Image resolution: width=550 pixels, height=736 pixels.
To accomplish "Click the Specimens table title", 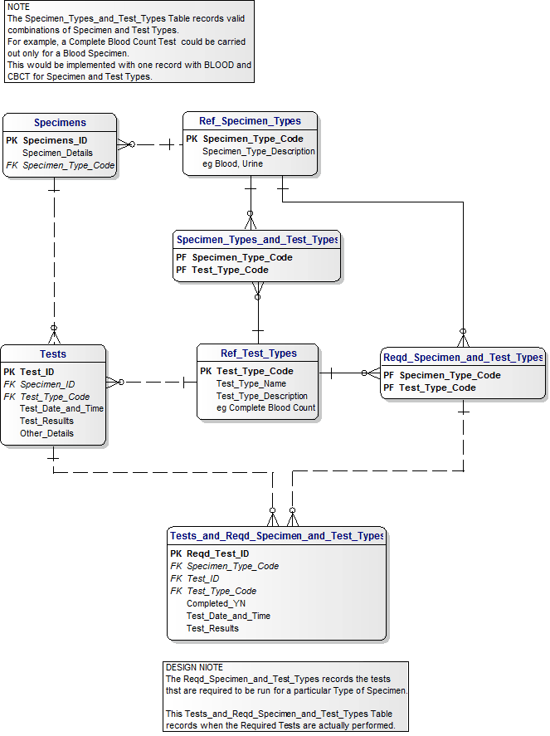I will point(60,123).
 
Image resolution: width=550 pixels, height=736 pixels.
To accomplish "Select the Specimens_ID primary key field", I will point(55,140).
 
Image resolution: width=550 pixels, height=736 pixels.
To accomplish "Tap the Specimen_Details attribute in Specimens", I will point(57,153).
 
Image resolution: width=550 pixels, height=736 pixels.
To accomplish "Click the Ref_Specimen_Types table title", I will point(250,121).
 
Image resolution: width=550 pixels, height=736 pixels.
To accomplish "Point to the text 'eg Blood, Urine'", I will point(233,163).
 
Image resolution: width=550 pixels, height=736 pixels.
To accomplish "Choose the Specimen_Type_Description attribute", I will point(259,151).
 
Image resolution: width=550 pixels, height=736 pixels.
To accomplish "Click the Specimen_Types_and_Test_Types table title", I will point(257,240).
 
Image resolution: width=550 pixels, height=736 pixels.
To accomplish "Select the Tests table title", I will point(53,354).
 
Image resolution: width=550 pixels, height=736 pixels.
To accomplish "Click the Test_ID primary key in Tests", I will point(37,372).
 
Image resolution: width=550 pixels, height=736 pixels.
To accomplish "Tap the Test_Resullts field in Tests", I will point(46,421).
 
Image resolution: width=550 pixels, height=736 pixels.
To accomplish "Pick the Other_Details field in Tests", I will point(46,433).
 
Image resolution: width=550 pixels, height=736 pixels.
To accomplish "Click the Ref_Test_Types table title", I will point(258,353).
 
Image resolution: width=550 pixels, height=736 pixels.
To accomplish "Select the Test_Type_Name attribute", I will point(251,383).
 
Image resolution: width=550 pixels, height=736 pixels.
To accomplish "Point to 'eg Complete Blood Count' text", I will point(265,407).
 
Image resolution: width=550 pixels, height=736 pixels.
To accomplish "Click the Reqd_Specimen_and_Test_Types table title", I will point(463,358).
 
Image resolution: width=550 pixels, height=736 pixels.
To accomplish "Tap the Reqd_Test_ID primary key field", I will point(217,553).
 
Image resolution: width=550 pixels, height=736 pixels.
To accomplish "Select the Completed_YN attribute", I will point(216,603).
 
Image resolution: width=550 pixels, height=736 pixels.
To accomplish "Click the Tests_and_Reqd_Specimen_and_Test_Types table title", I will point(276,536).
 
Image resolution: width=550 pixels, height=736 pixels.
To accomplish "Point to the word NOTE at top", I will point(18,7).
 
